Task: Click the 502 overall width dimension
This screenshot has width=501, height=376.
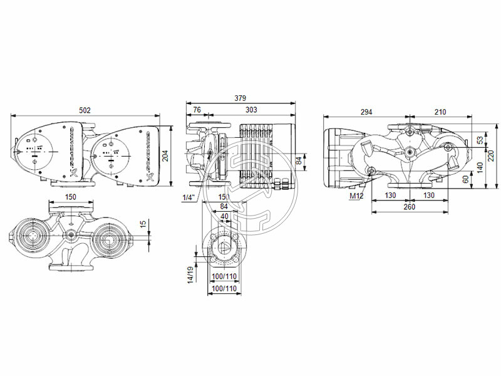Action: [85, 110]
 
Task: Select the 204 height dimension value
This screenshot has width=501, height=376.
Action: [165, 157]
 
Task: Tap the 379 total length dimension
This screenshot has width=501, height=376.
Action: [240, 98]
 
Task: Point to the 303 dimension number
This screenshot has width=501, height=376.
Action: [250, 110]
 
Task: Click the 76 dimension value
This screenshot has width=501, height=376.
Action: [197, 110]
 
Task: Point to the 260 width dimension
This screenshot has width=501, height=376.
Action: [409, 207]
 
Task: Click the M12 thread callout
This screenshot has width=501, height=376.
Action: [357, 197]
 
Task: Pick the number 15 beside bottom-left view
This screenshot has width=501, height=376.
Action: [143, 224]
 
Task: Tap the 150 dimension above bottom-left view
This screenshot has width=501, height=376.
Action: [71, 197]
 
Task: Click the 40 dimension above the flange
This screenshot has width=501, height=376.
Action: [224, 217]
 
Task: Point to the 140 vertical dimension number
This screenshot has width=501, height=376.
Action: [480, 166]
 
